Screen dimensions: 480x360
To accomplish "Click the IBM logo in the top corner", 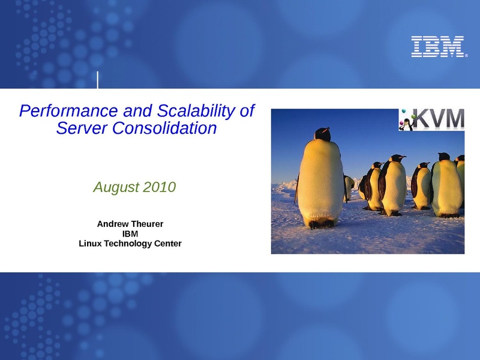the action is [438, 47].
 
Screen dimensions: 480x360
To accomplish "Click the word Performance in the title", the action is [68, 111].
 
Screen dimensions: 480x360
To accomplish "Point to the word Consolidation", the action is [164, 128].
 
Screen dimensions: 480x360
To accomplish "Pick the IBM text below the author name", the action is [130, 234].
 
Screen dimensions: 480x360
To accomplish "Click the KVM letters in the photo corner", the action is [439, 119].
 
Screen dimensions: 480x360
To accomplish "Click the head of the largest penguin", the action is [322, 134].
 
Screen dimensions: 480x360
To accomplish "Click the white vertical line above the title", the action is [98, 80].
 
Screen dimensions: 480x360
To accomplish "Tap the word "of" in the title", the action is [247, 111].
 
